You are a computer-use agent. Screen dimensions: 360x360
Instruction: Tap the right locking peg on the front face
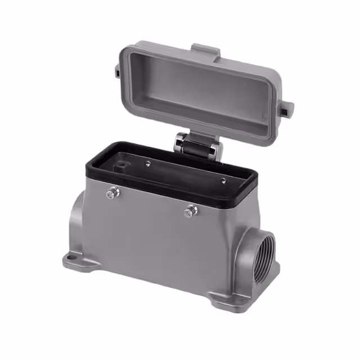191,211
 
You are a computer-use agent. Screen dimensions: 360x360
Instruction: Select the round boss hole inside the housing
121,166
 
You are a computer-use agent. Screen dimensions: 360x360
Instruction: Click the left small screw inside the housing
147,164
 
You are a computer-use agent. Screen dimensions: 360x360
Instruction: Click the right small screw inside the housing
223,181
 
